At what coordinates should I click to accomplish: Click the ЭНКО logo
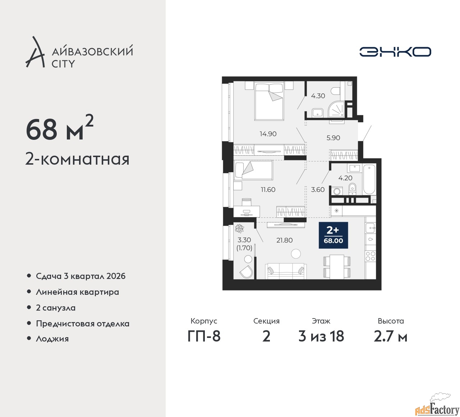pyautogui.click(x=395, y=52)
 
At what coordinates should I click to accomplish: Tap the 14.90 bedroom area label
pyautogui.click(x=268, y=134)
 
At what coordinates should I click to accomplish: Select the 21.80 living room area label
pyautogui.click(x=284, y=240)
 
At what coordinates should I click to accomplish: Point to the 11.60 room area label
pyautogui.click(x=268, y=189)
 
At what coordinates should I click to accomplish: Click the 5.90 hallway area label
pyautogui.click(x=333, y=138)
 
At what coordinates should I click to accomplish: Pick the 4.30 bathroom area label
pyautogui.click(x=318, y=96)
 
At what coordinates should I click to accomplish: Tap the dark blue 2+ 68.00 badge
pyautogui.click(x=333, y=235)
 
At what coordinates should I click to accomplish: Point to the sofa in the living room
pyautogui.click(x=286, y=271)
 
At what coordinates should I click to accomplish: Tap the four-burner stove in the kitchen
pyautogui.click(x=371, y=256)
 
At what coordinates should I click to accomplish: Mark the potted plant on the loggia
pyautogui.click(x=240, y=228)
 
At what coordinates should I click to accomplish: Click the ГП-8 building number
pyautogui.click(x=204, y=336)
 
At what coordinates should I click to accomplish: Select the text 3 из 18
pyautogui.click(x=321, y=336)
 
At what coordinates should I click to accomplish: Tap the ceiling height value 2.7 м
pyautogui.click(x=391, y=336)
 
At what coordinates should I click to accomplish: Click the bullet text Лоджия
pyautogui.click(x=52, y=339)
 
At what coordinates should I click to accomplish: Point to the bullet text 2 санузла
pyautogui.click(x=56, y=308)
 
